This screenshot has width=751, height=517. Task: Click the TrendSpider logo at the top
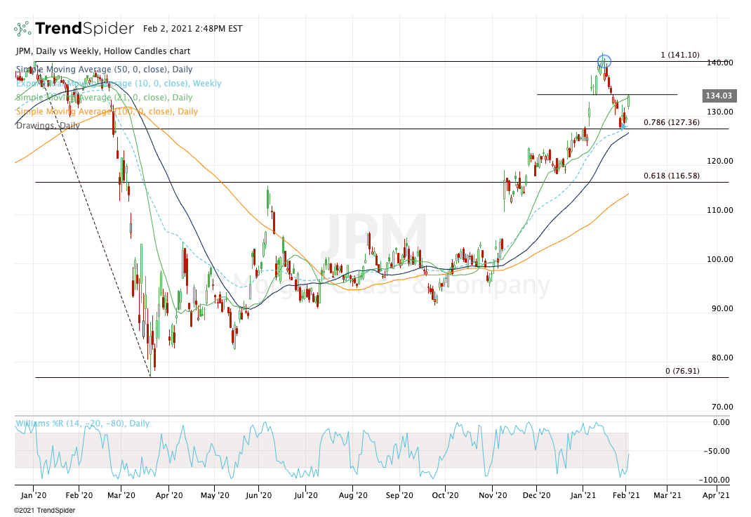(x=74, y=29)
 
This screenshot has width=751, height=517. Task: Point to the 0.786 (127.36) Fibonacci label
(x=671, y=122)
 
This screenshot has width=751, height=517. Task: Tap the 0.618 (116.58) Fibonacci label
(x=671, y=176)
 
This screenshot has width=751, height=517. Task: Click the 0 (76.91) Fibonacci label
(x=682, y=370)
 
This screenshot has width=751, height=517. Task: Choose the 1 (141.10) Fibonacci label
(x=680, y=55)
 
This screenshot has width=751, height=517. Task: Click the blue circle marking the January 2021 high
(x=604, y=61)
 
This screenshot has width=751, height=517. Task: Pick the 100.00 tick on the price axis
(x=719, y=259)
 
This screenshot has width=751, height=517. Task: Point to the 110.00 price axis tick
(x=719, y=210)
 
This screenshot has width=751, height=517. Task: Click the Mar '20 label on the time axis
(x=121, y=495)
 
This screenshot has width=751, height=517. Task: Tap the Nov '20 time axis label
(x=493, y=495)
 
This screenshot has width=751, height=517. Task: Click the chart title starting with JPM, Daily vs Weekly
(x=102, y=51)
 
